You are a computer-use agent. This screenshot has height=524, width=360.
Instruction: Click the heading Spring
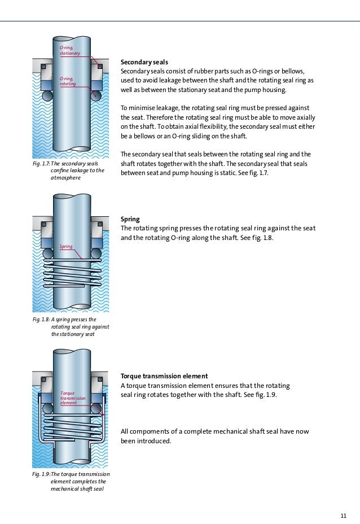point(130,219)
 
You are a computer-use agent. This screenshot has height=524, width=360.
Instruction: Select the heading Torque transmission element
point(164,376)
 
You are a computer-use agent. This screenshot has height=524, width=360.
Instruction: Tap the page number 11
point(343,514)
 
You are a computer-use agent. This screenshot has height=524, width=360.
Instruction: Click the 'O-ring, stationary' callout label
point(70,50)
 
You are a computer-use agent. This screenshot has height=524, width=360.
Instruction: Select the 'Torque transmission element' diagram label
point(72,398)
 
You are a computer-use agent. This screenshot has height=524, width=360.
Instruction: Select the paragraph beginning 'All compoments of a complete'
point(214,436)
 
